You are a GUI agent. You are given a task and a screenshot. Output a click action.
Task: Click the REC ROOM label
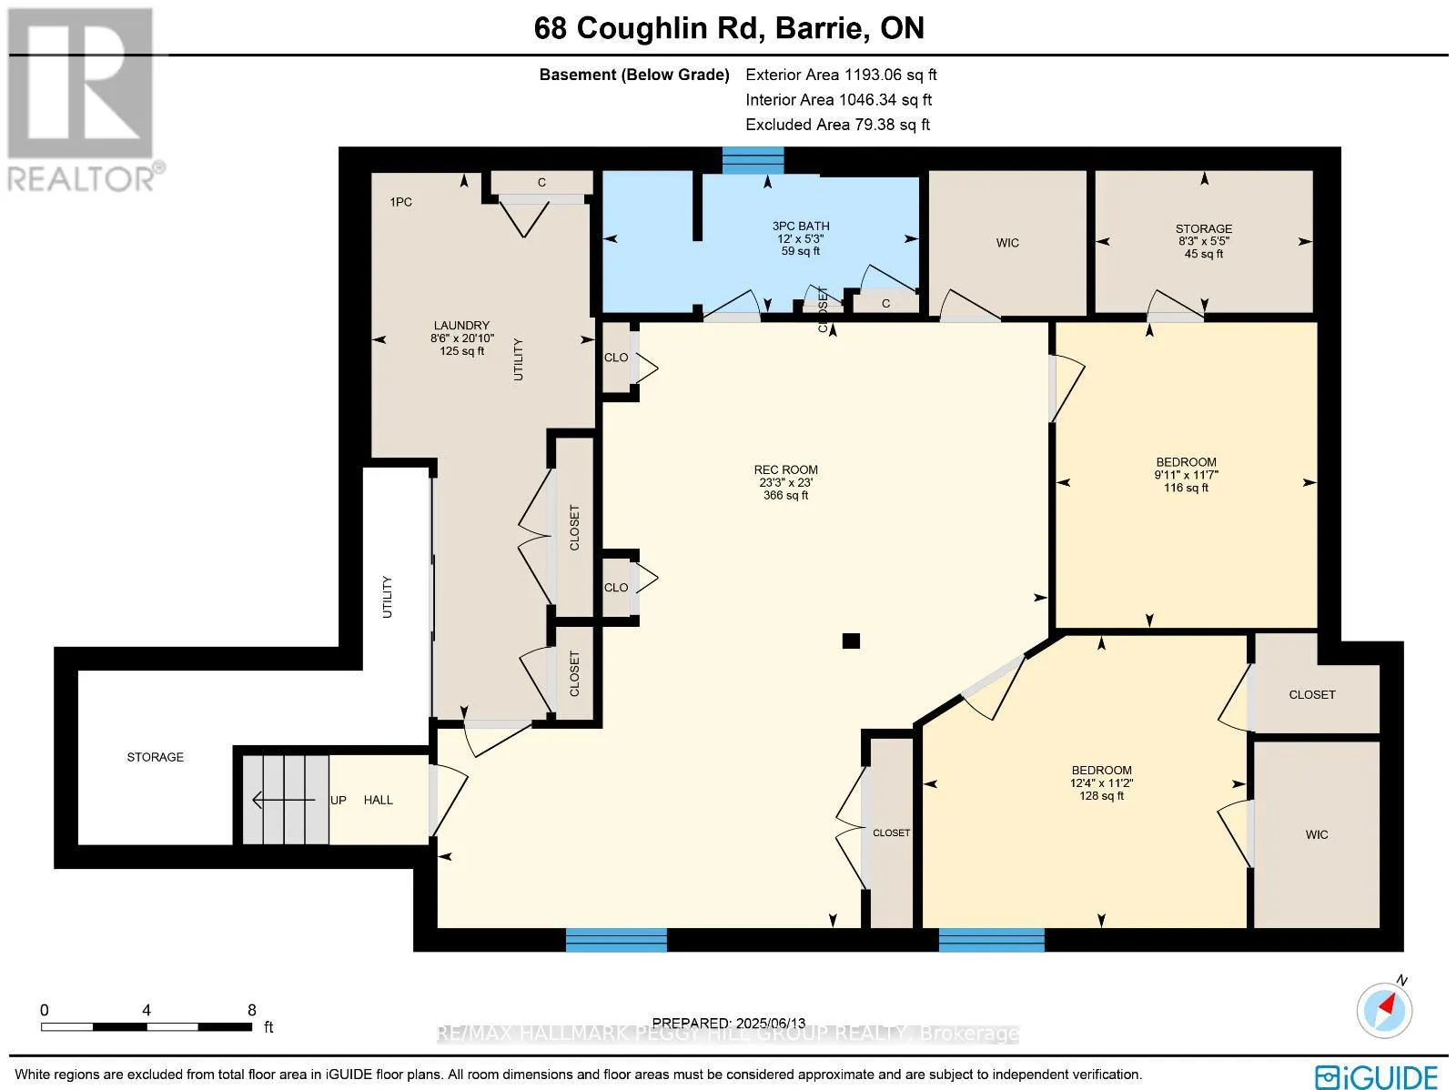785,470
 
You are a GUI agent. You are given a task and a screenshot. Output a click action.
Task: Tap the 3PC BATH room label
800,226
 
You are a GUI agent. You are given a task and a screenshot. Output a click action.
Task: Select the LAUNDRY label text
461,326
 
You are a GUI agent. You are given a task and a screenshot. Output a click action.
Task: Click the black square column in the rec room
851,641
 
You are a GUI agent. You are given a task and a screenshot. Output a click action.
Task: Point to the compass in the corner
1384,1011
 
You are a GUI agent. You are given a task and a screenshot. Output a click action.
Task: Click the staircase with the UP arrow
285,800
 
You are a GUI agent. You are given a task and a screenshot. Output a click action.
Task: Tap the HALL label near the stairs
378,801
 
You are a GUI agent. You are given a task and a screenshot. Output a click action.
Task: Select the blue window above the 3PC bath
753,160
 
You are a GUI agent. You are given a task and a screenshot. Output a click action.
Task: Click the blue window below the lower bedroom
992,940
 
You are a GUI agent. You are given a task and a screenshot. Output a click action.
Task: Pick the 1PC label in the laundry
400,202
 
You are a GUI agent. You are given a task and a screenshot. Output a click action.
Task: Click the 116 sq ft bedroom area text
1186,488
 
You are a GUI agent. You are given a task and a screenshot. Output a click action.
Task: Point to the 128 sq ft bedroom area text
1101,795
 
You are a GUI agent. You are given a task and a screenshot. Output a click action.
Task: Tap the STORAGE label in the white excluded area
156,757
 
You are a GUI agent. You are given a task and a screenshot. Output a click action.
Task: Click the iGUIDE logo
1377,1076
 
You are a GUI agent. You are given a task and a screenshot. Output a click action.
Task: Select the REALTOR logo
83,100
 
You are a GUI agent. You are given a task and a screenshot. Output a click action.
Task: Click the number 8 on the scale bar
252,1010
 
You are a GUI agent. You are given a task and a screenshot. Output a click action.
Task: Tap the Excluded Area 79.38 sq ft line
837,125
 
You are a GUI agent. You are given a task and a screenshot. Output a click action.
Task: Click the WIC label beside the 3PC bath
1007,243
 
